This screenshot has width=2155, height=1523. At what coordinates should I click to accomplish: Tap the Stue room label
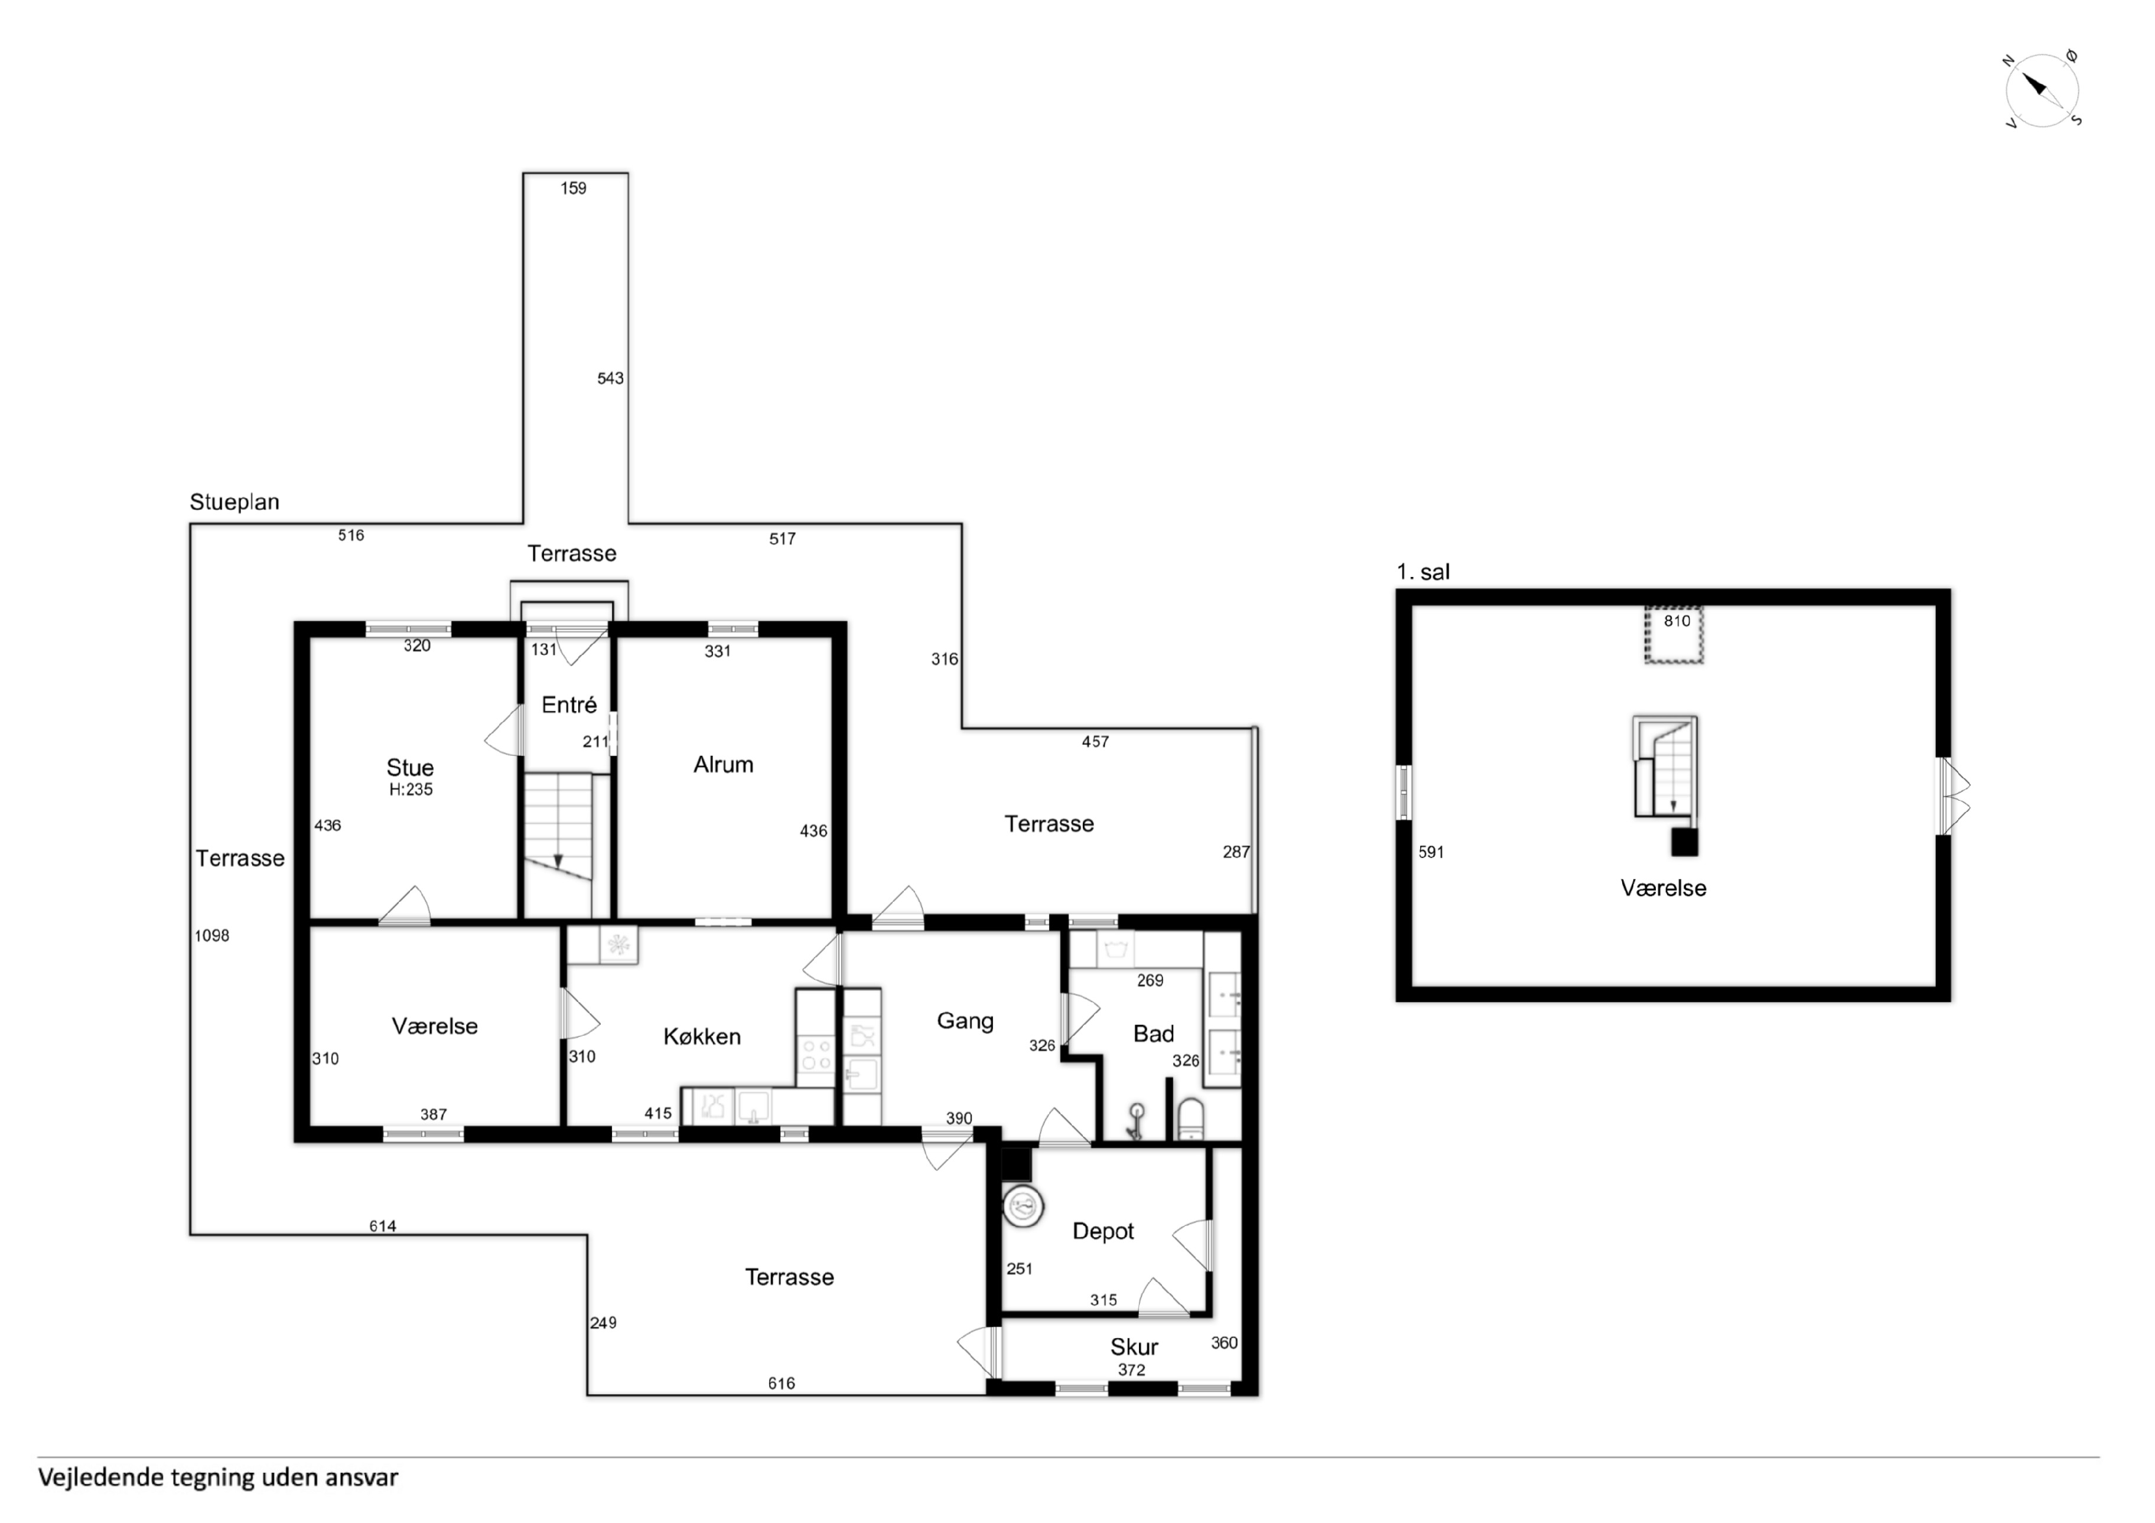tap(410, 768)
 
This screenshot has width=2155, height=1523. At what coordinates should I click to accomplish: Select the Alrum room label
tap(722, 765)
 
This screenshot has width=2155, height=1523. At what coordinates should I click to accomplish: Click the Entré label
tap(569, 705)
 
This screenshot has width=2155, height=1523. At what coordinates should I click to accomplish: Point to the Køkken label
tap(702, 1037)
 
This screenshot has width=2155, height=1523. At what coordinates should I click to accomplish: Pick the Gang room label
tap(965, 1022)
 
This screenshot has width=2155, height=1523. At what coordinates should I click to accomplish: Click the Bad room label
tap(1154, 1034)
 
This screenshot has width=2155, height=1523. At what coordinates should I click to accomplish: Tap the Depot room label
tap(1103, 1231)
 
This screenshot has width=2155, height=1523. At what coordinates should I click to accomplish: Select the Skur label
tap(1134, 1348)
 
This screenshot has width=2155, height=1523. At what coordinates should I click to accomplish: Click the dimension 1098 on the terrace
tap(212, 935)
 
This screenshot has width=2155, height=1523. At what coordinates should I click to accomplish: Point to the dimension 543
tap(610, 378)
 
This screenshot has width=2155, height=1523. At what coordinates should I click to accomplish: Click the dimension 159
tap(574, 188)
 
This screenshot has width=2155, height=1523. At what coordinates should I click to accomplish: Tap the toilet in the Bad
tap(1190, 1118)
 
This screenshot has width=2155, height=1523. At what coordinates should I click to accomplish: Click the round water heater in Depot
tap(1023, 1206)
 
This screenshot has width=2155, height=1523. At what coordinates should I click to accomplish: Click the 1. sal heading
tap(1423, 572)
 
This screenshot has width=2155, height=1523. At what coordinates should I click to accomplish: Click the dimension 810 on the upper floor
tap(1677, 621)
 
